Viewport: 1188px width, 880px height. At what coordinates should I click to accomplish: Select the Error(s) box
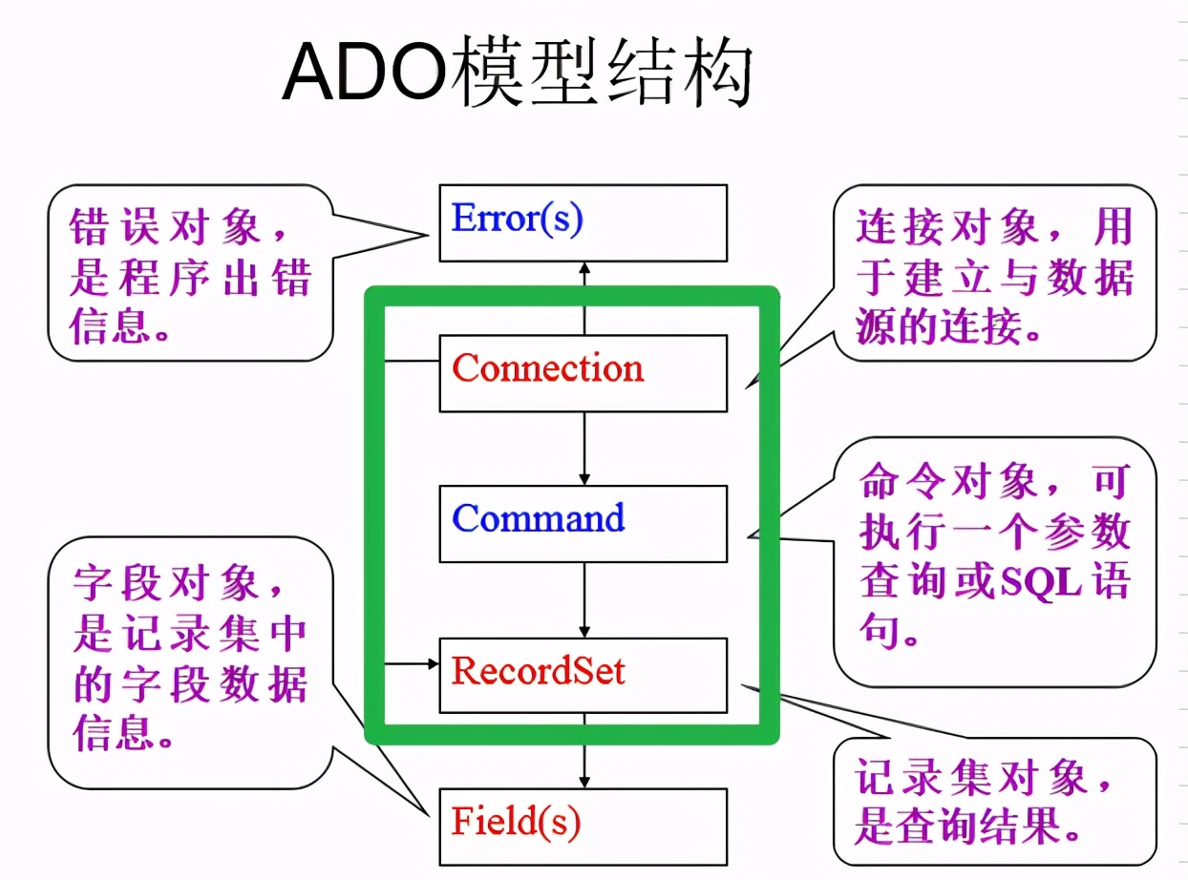[583, 222]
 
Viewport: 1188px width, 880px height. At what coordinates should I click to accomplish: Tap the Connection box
[583, 372]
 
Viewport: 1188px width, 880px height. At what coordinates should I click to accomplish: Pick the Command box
[583, 523]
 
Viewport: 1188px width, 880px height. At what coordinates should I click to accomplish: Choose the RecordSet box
[583, 674]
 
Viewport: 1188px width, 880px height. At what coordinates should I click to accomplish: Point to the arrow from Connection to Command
[584, 448]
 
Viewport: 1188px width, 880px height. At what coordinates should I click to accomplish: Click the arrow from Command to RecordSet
[584, 598]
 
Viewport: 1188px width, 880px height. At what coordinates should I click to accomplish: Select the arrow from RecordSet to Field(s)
[584, 750]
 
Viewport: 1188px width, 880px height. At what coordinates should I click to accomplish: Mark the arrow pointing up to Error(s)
[584, 286]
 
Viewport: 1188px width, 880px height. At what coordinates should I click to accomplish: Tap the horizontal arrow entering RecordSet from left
[411, 663]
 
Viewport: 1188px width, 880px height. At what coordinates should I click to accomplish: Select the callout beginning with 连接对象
[994, 276]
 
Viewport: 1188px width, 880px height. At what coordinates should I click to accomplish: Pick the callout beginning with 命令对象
[994, 558]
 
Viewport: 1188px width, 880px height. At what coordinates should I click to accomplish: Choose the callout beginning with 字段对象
[190, 659]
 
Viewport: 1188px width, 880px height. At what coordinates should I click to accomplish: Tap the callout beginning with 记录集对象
[994, 802]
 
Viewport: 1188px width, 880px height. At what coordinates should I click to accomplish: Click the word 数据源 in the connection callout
[1089, 280]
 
